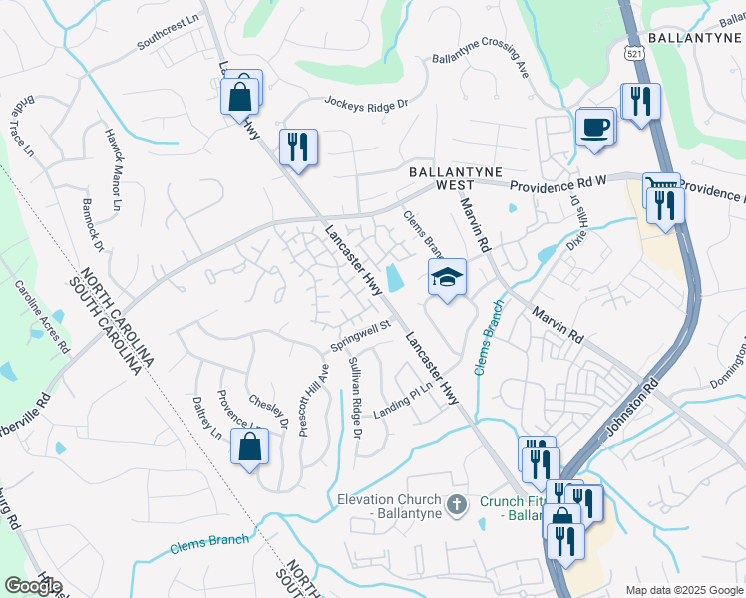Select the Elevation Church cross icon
click(458, 505)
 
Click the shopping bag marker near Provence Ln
click(249, 448)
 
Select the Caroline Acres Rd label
click(42, 316)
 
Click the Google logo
click(33, 586)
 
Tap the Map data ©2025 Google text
click(684, 590)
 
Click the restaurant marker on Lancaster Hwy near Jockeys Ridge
click(298, 148)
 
